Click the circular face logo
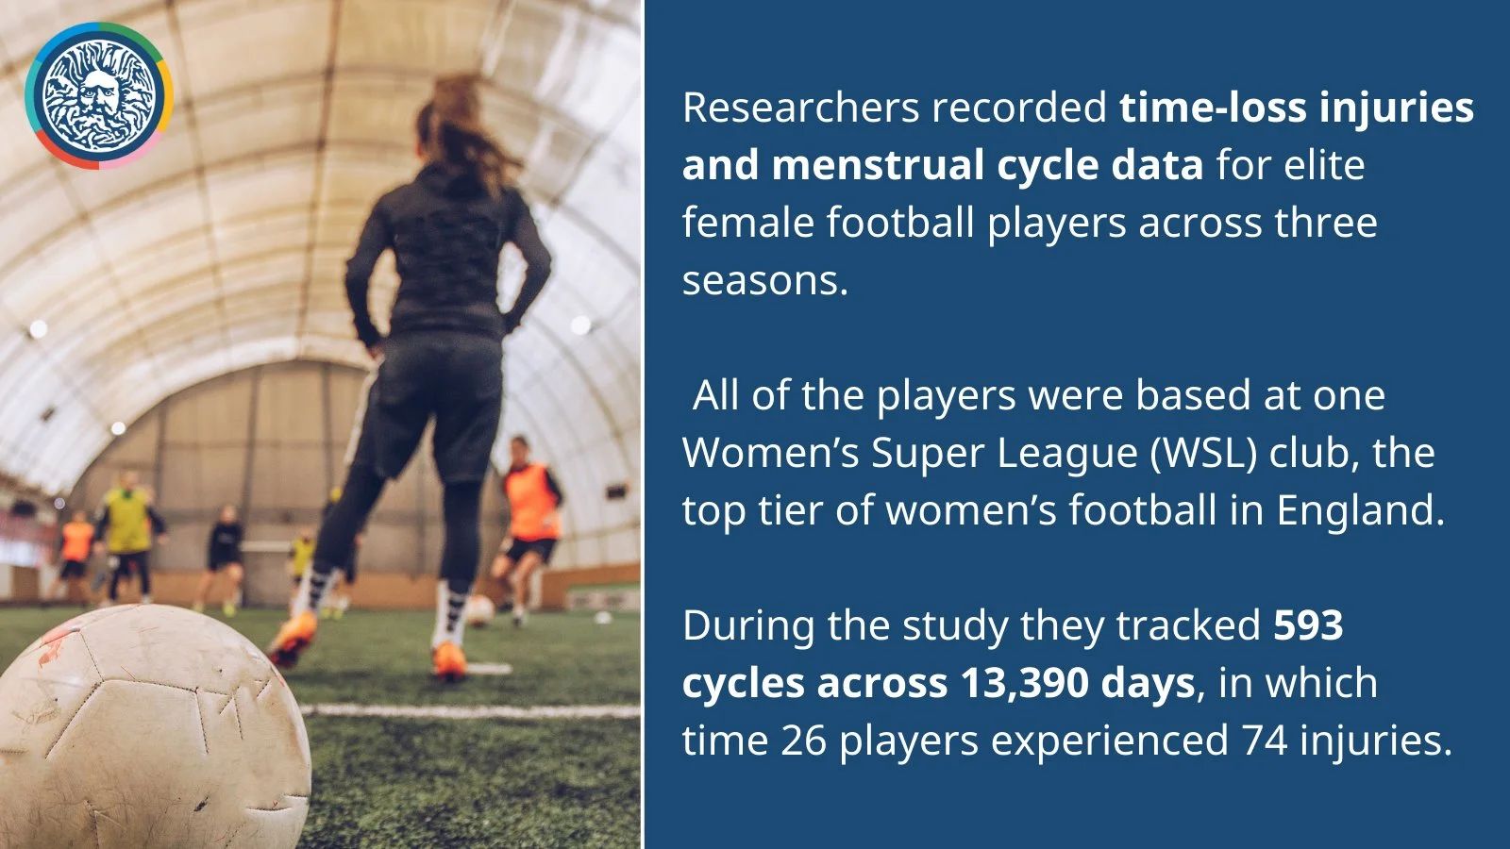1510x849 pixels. [99, 95]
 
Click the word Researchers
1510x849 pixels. [801, 108]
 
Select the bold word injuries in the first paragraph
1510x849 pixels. [1396, 108]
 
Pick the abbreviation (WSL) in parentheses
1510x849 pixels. [1203, 453]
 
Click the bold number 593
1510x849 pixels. [1308, 626]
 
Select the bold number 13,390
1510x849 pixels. [1025, 684]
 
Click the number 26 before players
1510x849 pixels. [803, 741]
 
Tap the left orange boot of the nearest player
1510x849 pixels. [293, 638]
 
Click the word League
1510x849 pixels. [1067, 454]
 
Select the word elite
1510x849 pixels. [1325, 165]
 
